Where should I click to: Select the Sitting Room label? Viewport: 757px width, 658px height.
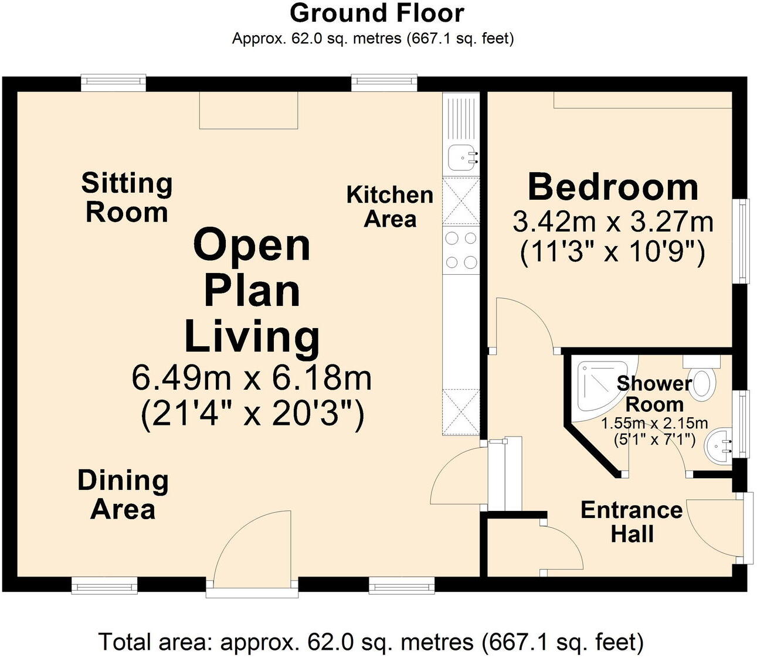tap(127, 197)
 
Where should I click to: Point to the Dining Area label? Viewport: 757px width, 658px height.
tap(123, 495)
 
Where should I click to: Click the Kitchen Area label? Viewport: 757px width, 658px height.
tap(390, 207)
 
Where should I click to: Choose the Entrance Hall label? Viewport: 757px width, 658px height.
tap(632, 522)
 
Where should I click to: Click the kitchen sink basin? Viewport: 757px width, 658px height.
tap(461, 157)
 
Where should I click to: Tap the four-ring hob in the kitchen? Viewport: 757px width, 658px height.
tap(461, 250)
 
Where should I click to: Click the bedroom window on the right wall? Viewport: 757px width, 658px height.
tap(741, 241)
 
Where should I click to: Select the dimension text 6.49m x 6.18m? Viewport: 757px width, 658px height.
tap(252, 378)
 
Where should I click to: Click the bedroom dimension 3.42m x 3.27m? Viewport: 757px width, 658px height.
tap(613, 221)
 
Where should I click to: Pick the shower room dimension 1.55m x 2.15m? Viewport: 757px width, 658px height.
tap(654, 423)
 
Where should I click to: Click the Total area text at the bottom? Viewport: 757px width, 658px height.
tap(372, 642)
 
